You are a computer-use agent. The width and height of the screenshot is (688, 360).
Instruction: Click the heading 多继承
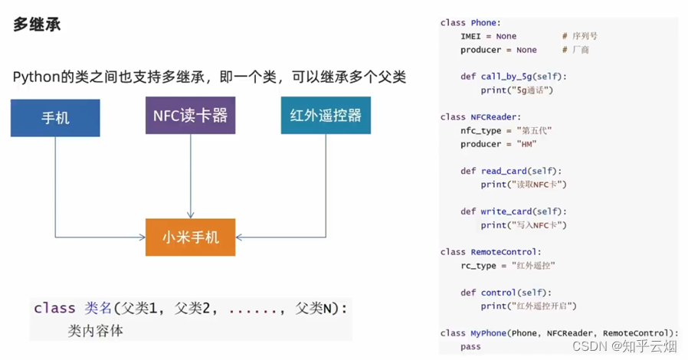point(37,25)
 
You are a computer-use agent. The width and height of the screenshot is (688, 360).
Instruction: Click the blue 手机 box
point(55,118)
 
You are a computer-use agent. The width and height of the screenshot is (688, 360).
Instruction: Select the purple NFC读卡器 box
point(190,116)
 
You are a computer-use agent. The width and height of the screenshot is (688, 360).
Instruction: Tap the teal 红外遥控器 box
point(326,116)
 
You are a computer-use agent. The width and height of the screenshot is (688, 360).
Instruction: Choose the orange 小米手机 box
point(190,237)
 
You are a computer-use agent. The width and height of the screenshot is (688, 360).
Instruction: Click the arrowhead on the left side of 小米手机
point(142,237)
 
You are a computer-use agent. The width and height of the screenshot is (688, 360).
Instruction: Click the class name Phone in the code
point(483,23)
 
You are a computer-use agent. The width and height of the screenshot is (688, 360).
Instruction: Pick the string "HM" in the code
point(526,144)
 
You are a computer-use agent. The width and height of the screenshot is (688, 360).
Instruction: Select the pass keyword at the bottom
point(470,346)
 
